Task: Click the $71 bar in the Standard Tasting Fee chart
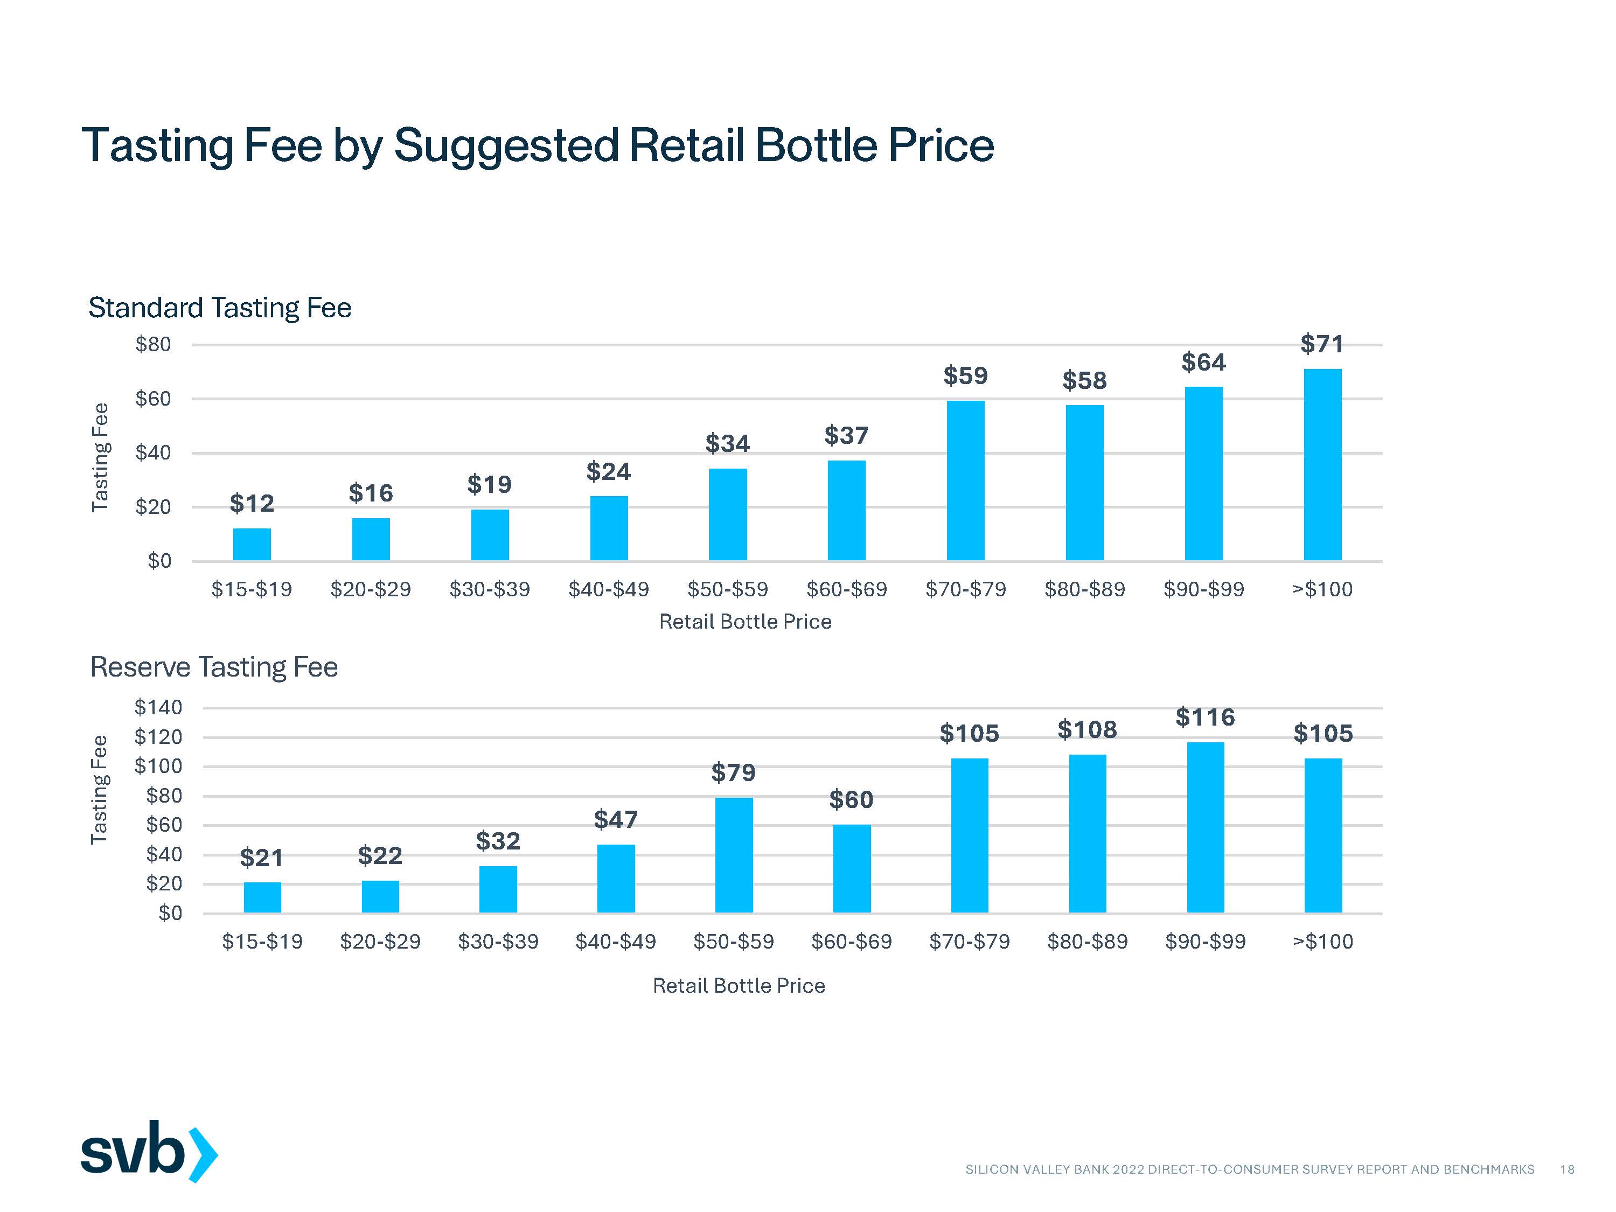pyautogui.click(x=1322, y=465)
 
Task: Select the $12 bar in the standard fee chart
pyautogui.click(x=252, y=544)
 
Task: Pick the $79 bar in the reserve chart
pyautogui.click(x=734, y=855)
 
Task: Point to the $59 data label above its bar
pyautogui.click(x=965, y=376)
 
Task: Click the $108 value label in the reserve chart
pyautogui.click(x=1087, y=730)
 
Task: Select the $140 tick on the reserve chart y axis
pyautogui.click(x=158, y=707)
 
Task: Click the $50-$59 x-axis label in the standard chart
pyautogui.click(x=728, y=589)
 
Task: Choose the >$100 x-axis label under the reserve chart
pyautogui.click(x=1323, y=941)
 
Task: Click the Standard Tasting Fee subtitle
pyautogui.click(x=219, y=308)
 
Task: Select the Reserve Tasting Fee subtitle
pyautogui.click(x=213, y=667)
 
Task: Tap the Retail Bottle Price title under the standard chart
pyautogui.click(x=745, y=622)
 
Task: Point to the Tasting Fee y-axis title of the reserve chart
pyautogui.click(x=99, y=790)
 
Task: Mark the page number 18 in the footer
pyautogui.click(x=1567, y=1169)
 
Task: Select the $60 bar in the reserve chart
pyautogui.click(x=852, y=869)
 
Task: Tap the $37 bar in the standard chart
pyautogui.click(x=846, y=511)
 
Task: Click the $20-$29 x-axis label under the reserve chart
pyautogui.click(x=380, y=941)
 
